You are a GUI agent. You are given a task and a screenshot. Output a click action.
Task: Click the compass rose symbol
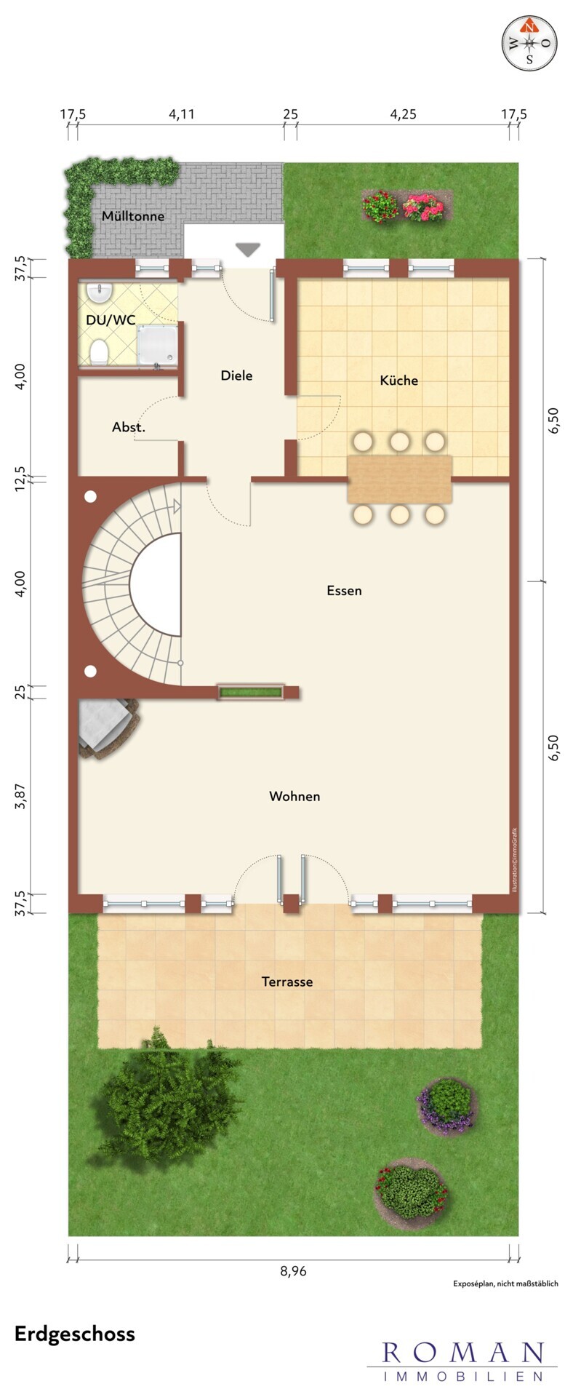pos(529,43)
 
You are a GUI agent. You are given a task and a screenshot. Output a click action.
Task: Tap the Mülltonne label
pos(133,216)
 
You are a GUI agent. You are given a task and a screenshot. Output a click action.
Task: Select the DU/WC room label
pos(111,319)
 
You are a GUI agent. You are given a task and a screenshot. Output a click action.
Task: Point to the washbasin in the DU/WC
pos(99,292)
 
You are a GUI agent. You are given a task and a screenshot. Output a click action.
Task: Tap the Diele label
pos(237,375)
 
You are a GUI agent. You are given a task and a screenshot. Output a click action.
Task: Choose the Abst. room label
pos(129,428)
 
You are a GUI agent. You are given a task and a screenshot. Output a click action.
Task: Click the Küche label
pos(399,380)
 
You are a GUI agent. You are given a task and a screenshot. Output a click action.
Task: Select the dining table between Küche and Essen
pos(400,479)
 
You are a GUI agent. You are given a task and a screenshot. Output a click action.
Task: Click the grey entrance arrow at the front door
pos(248,250)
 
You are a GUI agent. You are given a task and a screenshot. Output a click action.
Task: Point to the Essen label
pos(344,591)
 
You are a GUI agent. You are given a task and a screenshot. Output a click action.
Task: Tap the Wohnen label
pos(294,796)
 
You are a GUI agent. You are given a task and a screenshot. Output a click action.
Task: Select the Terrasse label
pos(287,982)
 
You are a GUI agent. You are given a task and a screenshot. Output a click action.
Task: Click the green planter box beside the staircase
pos(252,692)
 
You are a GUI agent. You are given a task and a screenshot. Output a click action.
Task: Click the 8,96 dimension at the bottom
pos(294,1271)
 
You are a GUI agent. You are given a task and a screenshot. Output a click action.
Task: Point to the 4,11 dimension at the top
pos(182,114)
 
